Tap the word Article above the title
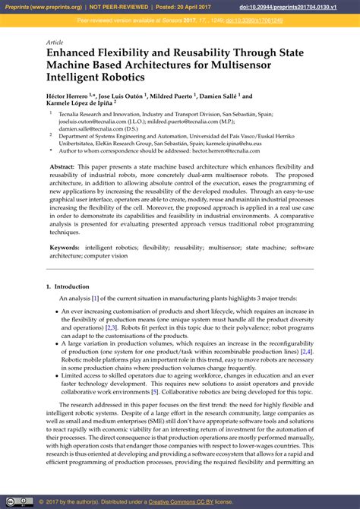click(x=55, y=42)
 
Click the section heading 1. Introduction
click(x=68, y=286)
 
